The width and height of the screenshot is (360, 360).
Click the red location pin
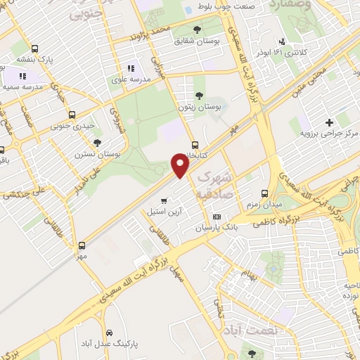[x=180, y=165]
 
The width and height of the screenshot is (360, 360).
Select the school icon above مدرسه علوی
[x=130, y=69]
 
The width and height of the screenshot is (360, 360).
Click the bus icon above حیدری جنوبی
[x=72, y=115]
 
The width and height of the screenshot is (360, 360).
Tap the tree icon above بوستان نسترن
[x=107, y=142]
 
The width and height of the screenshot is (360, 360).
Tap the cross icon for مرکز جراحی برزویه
[x=329, y=123]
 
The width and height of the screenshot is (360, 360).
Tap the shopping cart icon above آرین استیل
[x=163, y=200]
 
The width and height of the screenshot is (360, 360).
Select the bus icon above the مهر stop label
[x=83, y=245]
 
